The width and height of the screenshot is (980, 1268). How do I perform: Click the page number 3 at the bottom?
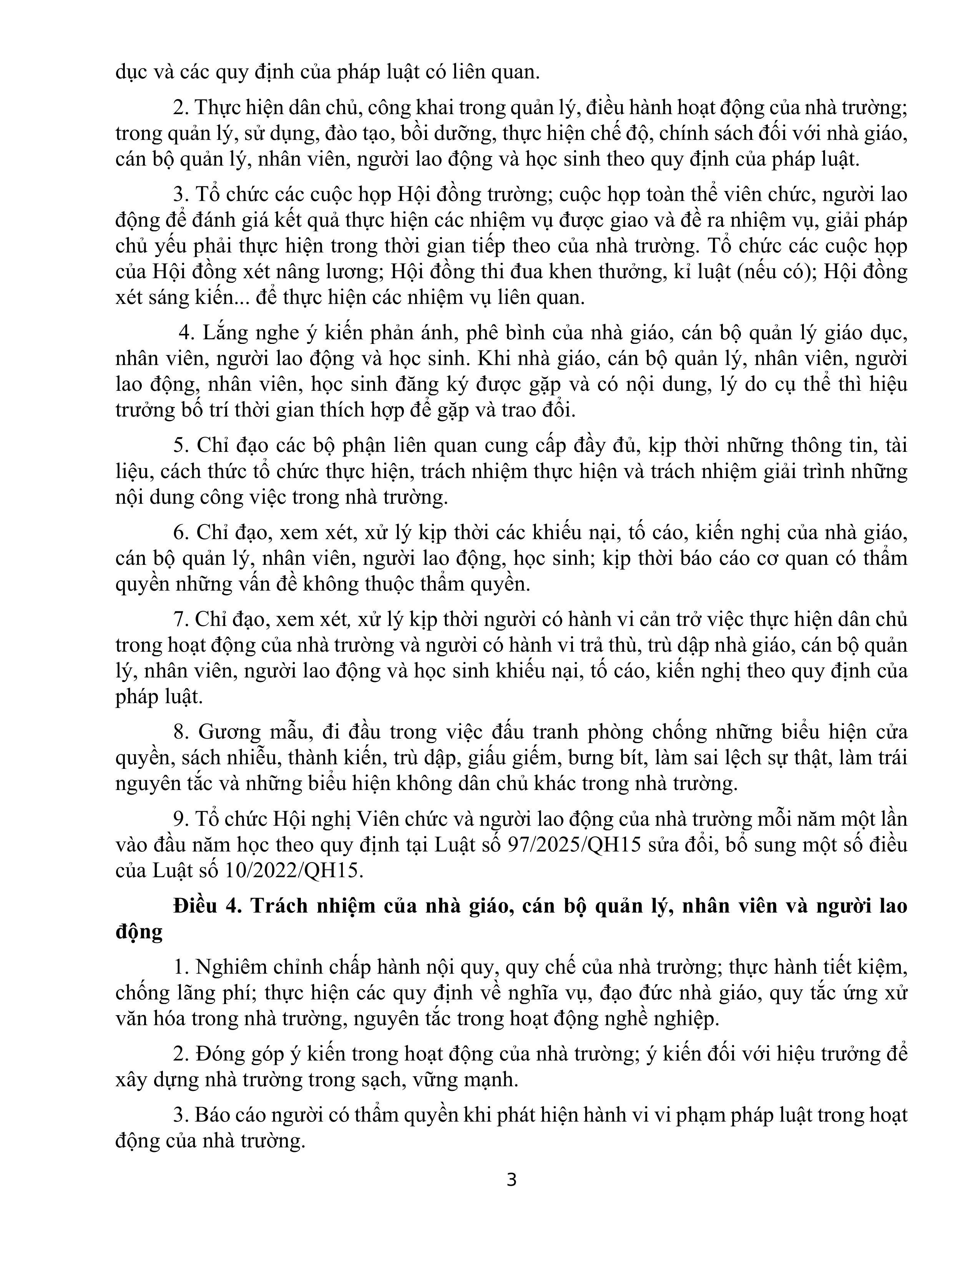[x=512, y=1180]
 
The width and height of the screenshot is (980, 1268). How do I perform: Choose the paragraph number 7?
[x=179, y=619]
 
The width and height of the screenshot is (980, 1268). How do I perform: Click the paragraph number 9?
[x=179, y=819]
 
